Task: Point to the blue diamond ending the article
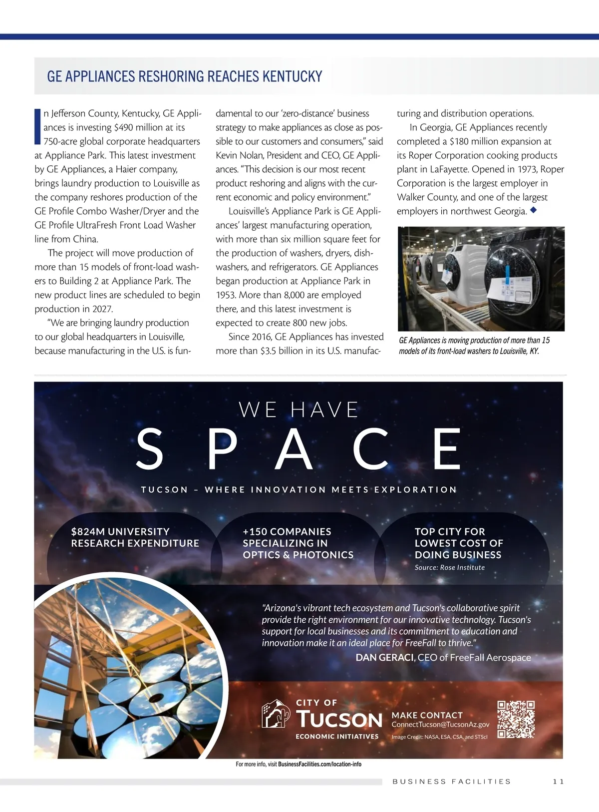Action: (533, 210)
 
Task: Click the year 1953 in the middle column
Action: (226, 295)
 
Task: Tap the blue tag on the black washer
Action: (508, 272)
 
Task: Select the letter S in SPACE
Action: (150, 448)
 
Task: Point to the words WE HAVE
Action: (299, 410)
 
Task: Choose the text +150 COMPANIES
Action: (287, 531)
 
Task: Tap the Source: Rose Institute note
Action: (449, 567)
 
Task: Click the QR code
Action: (516, 719)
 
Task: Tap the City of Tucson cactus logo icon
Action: (276, 714)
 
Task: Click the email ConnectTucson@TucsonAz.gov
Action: (440, 724)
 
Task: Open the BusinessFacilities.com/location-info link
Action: (319, 764)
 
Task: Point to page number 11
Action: (558, 782)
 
